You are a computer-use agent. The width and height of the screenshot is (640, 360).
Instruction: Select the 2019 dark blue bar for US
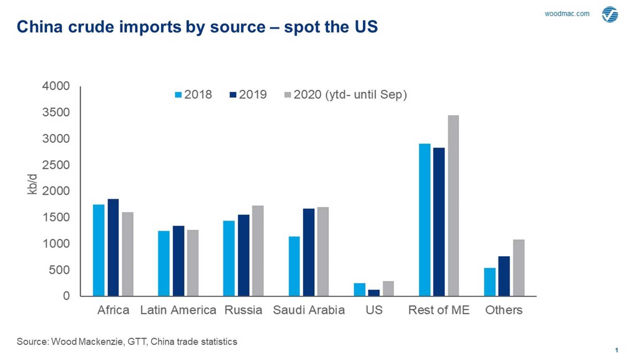click(x=374, y=293)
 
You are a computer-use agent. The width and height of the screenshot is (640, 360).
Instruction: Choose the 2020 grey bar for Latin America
click(x=193, y=263)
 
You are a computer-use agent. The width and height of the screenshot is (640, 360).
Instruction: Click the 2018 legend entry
click(x=193, y=95)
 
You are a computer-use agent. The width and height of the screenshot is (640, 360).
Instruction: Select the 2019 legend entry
click(x=248, y=95)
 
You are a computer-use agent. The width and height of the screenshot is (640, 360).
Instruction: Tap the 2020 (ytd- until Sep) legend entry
click(x=346, y=95)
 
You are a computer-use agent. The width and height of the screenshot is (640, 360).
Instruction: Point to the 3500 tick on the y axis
click(x=56, y=112)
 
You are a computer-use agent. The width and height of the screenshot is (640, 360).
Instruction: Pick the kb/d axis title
click(x=32, y=184)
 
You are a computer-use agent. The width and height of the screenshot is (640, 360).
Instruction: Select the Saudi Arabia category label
click(x=309, y=310)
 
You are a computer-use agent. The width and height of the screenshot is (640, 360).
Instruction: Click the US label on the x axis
click(x=374, y=310)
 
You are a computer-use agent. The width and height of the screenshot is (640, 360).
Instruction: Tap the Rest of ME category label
click(x=439, y=310)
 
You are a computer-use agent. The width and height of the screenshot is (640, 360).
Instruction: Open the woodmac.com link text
click(x=567, y=14)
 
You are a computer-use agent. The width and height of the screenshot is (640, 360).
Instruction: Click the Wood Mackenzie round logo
click(x=610, y=15)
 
